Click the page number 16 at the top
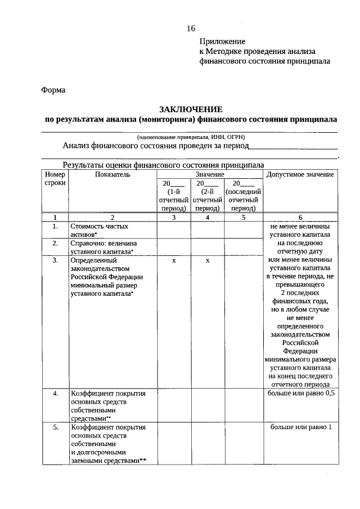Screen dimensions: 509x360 (191, 29)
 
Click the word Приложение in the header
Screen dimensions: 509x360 (222, 42)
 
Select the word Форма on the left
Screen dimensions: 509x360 (53, 90)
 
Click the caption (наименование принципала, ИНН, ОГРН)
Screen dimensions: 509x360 (191, 137)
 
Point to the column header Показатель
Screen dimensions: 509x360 (112, 175)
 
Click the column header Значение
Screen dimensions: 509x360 (208, 175)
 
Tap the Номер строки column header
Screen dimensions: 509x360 (55, 179)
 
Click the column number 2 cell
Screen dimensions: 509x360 (112, 217)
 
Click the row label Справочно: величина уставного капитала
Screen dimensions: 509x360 (103, 247)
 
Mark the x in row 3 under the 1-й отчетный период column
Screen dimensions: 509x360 (174, 261)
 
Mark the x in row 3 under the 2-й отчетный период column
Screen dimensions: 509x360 (208, 261)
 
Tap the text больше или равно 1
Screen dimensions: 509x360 (301, 427)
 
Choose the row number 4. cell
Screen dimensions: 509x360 (55, 393)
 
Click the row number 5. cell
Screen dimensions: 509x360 (55, 427)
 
